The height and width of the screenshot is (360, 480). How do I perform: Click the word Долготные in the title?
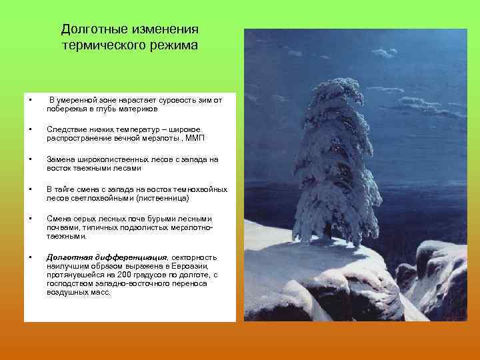90,30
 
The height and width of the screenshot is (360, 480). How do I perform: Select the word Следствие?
65,131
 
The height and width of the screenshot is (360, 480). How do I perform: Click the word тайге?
65,191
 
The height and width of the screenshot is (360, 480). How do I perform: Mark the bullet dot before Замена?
31,161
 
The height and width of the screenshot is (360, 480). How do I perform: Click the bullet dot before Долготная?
31,257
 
